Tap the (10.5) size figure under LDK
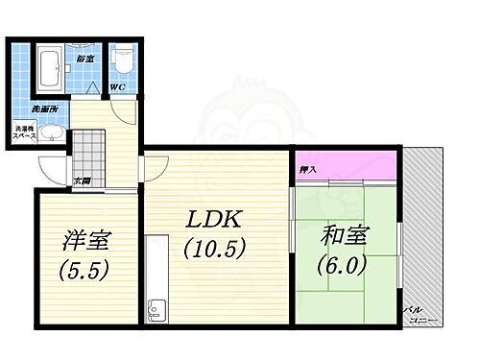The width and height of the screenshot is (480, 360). (x=215, y=247)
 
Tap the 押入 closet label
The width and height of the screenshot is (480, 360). (x=309, y=170)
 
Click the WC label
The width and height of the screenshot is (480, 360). (x=115, y=90)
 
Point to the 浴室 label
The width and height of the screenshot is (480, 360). (x=85, y=60)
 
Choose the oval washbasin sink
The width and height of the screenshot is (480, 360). (x=50, y=132)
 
